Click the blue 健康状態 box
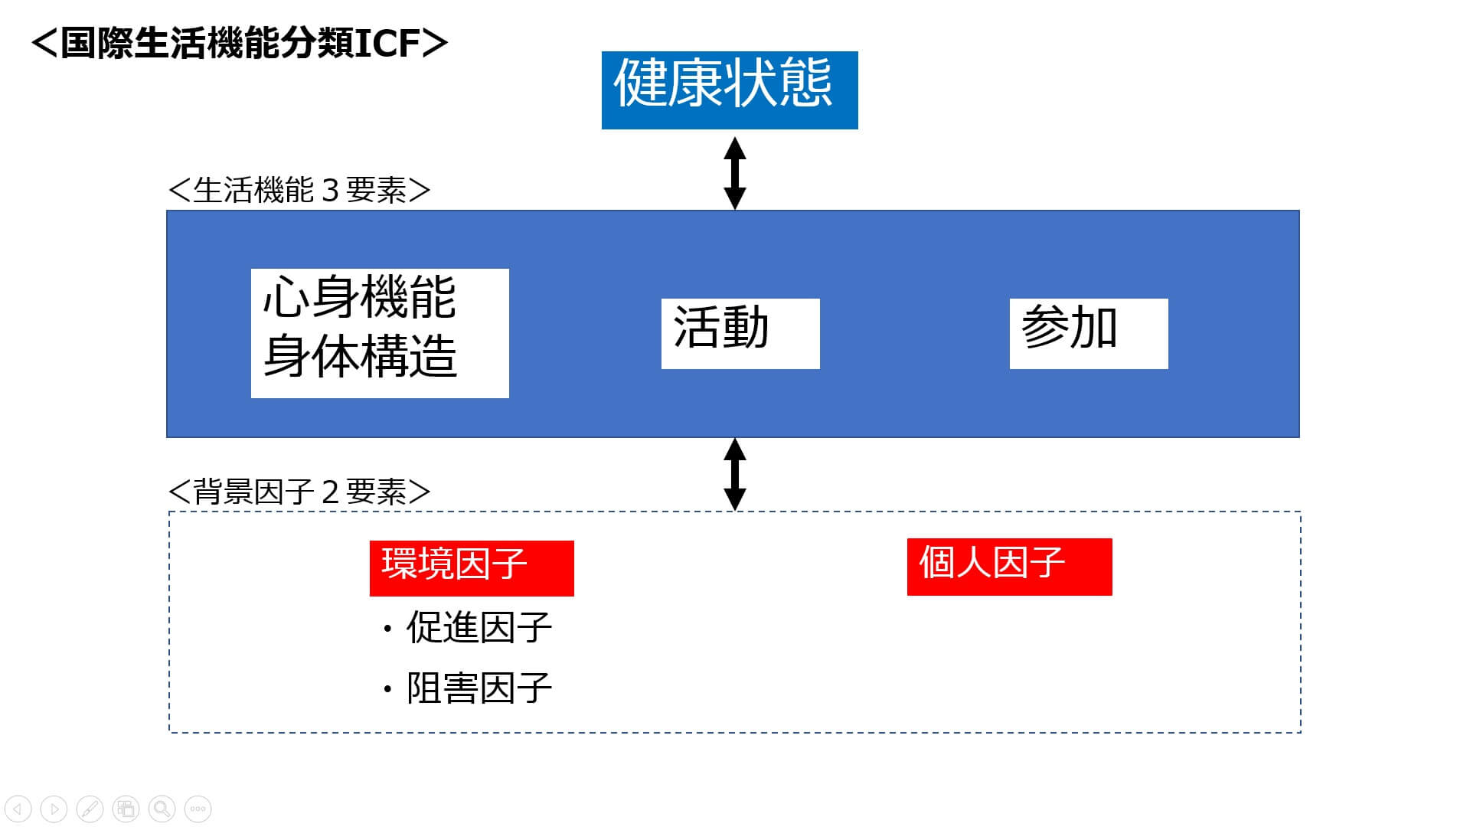tap(729, 90)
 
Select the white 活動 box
tap(740, 333)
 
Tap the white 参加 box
tap(1088, 333)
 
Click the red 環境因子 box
tap(471, 567)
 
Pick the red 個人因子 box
tap(1008, 566)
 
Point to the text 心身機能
tap(359, 298)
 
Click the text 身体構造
tap(359, 356)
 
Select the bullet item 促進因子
tap(478, 628)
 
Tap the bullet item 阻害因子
tap(478, 688)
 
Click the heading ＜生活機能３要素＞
tap(299, 190)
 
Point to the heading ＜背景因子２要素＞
tap(299, 492)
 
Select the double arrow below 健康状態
tap(735, 173)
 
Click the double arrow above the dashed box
tap(735, 474)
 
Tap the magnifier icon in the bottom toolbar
tap(162, 809)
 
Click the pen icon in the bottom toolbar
tap(90, 809)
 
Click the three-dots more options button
tap(198, 809)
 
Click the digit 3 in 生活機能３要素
tap(330, 190)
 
